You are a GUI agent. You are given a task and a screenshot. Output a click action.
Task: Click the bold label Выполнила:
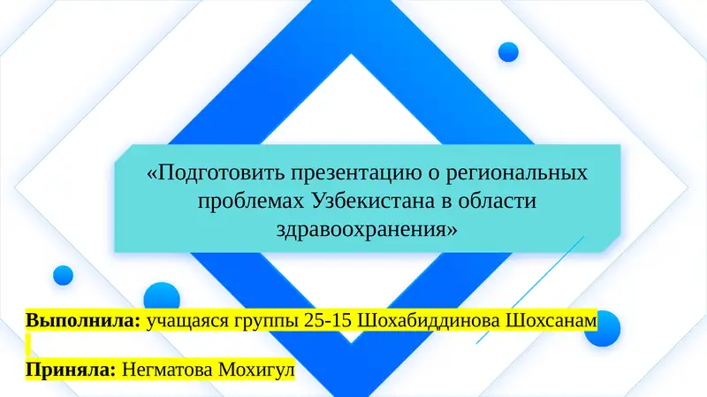(x=83, y=319)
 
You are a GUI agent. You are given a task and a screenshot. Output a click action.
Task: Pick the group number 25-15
(x=329, y=319)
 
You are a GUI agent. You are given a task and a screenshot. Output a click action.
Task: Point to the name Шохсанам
(x=551, y=319)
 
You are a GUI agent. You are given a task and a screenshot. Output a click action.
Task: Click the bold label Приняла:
(x=72, y=369)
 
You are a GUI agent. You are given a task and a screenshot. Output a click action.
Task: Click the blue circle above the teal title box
(x=508, y=52)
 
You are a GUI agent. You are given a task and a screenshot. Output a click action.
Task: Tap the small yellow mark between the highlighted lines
(x=28, y=343)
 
